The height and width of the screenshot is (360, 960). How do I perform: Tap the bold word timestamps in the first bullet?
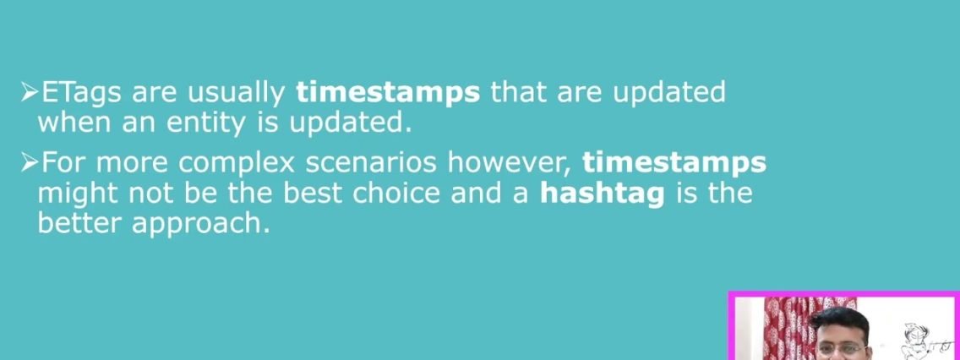388,93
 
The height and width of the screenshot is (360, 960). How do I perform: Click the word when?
75,123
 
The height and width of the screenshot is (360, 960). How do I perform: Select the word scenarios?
372,163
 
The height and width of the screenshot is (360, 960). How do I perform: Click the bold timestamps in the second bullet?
674,163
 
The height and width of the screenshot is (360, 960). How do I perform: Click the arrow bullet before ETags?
30,93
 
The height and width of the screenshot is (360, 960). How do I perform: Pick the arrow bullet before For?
30,163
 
